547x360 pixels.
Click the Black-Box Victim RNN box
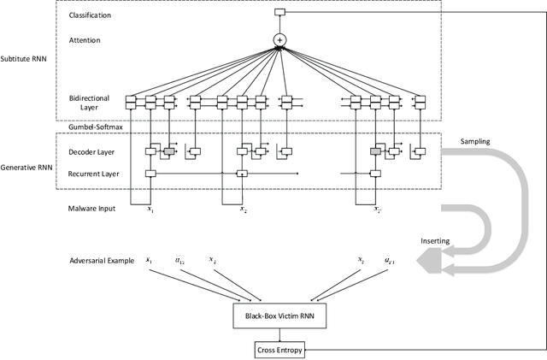coord(279,316)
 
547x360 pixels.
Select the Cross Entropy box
coord(279,350)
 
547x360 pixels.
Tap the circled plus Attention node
coord(279,40)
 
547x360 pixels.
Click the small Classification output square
coord(279,12)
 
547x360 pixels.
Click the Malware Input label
coord(91,208)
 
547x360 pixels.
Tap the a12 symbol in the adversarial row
coord(180,260)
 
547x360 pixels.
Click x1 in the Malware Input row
coord(150,208)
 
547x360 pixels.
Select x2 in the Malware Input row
coord(243,208)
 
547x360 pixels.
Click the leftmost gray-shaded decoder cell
coord(168,151)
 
